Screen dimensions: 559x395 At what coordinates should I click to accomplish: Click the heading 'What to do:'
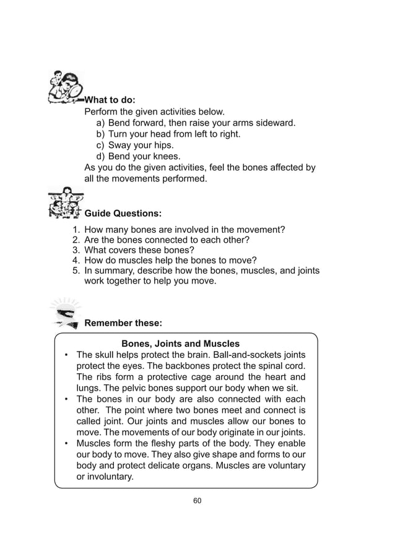110,100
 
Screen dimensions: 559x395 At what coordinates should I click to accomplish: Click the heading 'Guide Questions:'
123,214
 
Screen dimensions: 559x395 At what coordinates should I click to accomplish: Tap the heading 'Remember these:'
123,323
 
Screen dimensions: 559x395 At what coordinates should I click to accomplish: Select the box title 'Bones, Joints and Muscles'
180,344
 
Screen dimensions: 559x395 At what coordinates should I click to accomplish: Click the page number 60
197,500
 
